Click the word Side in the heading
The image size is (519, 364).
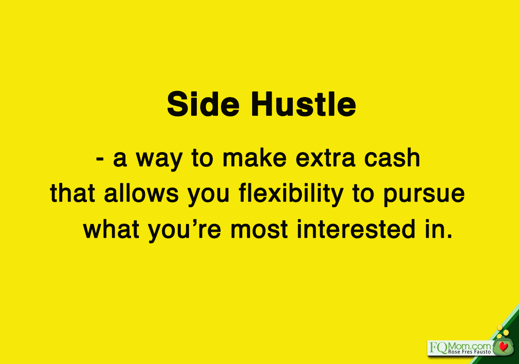(203, 104)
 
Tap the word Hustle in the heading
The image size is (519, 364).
(304, 104)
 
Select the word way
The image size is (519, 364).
(159, 159)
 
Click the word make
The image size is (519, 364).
(255, 158)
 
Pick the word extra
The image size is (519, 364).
(326, 159)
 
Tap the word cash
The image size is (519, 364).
(392, 158)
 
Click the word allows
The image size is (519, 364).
(141, 193)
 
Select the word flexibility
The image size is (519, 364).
(291, 195)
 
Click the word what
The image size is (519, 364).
(111, 229)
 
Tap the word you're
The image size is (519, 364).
(184, 231)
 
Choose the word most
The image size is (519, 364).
(259, 230)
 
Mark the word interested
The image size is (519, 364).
(356, 229)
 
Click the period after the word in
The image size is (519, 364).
(449, 236)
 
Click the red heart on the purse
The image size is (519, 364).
(503, 347)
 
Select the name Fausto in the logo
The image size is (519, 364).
(482, 352)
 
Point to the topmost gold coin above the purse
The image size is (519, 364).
(500, 328)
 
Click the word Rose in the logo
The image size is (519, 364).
(453, 352)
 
